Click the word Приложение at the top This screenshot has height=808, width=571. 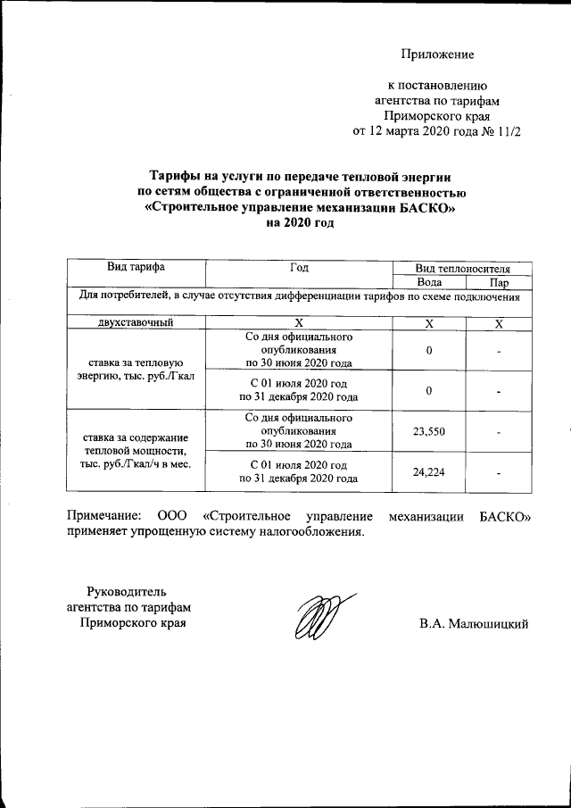point(437,54)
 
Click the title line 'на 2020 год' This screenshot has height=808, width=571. point(300,223)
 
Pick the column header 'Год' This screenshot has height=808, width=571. point(299,266)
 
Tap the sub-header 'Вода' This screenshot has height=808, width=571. point(429,281)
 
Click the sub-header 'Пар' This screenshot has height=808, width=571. point(500,281)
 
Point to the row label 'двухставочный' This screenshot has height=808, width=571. point(136,323)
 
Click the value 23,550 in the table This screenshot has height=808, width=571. point(429,431)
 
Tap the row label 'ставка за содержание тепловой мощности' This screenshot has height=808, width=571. point(136,451)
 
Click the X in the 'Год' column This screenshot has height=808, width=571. point(299,323)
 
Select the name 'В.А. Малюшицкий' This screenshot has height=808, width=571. point(475,623)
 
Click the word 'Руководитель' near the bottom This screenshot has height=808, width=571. point(126,590)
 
